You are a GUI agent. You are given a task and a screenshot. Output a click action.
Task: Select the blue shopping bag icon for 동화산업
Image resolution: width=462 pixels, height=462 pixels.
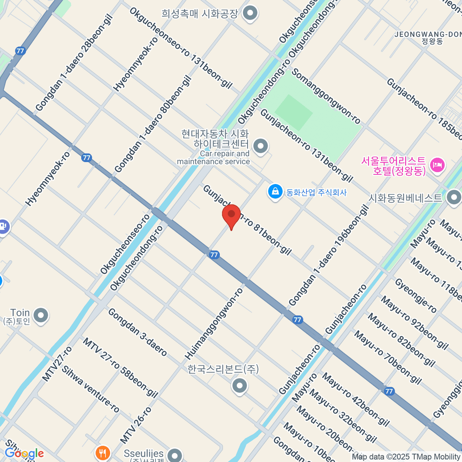click(x=275, y=192)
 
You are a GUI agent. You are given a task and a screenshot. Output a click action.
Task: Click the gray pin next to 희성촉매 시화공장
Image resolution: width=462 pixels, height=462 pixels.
click(x=251, y=14)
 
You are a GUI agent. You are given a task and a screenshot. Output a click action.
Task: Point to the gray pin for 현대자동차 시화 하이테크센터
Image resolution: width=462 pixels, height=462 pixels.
click(x=261, y=146)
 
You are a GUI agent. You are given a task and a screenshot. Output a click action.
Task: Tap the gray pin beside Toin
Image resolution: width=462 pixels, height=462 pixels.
click(x=41, y=316)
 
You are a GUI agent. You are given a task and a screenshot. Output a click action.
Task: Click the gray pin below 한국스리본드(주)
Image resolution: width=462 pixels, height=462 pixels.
click(x=239, y=385)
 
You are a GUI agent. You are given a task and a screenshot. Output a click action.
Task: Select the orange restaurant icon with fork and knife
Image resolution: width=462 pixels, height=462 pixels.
click(x=102, y=453)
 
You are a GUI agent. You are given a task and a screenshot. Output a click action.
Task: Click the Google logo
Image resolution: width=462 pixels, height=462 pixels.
click(x=24, y=454)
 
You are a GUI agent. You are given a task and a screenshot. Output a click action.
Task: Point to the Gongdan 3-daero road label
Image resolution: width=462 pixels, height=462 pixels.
click(x=137, y=332)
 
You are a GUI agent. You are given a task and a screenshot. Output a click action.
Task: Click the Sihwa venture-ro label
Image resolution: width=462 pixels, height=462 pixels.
click(x=90, y=388)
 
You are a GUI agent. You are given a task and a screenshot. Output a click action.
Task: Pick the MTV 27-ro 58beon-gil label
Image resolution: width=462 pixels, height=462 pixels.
click(x=120, y=367)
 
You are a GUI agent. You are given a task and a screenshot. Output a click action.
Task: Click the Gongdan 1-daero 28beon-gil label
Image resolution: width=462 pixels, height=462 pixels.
click(x=74, y=63)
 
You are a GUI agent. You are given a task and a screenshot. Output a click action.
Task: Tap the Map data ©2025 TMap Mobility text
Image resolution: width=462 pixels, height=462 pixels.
click(x=406, y=457)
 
